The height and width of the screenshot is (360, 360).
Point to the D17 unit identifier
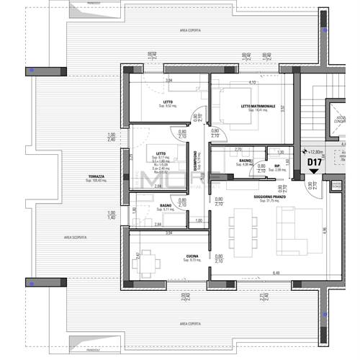[315, 163]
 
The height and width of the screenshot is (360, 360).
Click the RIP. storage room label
[276, 165]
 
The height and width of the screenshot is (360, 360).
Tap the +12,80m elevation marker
[315, 152]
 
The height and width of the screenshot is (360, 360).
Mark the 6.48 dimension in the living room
[276, 272]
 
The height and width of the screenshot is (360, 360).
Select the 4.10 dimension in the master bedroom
[252, 82]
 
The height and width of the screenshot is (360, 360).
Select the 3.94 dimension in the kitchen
[168, 233]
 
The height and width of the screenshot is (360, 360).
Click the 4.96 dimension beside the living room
[325, 230]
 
